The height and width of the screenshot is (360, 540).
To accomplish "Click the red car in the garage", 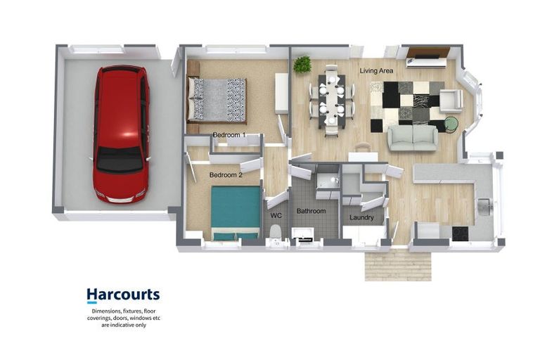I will tap(120, 134).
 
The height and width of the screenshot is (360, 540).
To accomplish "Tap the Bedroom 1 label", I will tap(229, 134).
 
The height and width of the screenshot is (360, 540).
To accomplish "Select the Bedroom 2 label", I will tap(226, 174).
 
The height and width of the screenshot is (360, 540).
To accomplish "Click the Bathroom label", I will tap(311, 211).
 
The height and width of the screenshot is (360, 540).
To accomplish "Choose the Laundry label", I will tap(361, 217).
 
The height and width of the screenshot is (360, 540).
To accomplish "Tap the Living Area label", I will tap(377, 71).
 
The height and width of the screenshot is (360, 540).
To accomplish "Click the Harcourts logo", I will tap(123, 295).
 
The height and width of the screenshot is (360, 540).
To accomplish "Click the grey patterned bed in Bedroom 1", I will tap(217, 99).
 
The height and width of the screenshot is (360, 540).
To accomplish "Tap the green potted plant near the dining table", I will tap(302, 65).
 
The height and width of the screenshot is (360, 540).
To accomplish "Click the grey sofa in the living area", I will tap(413, 137).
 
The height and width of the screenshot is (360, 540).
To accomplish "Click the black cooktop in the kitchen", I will tap(461, 233).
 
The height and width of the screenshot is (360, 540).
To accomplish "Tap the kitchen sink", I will tap(484, 206).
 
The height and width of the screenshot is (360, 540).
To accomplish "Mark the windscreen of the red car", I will tap(120, 161).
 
